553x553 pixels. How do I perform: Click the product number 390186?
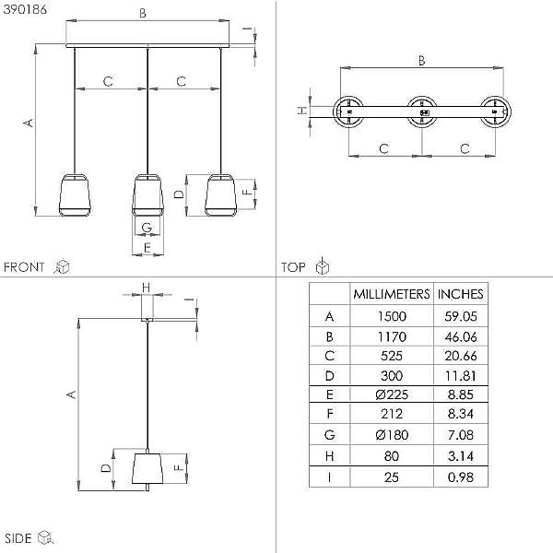click(x=25, y=9)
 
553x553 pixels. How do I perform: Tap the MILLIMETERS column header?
click(x=392, y=294)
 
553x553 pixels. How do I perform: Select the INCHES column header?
click(x=460, y=294)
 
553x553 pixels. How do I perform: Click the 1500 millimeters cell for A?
click(x=392, y=316)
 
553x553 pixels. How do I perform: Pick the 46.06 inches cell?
click(x=461, y=337)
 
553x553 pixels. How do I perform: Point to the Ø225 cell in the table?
click(x=392, y=394)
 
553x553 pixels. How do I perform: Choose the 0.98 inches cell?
click(x=461, y=477)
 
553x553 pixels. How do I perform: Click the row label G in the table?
click(x=329, y=435)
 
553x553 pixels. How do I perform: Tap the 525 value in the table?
click(x=392, y=356)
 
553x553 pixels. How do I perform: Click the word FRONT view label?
click(x=24, y=267)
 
